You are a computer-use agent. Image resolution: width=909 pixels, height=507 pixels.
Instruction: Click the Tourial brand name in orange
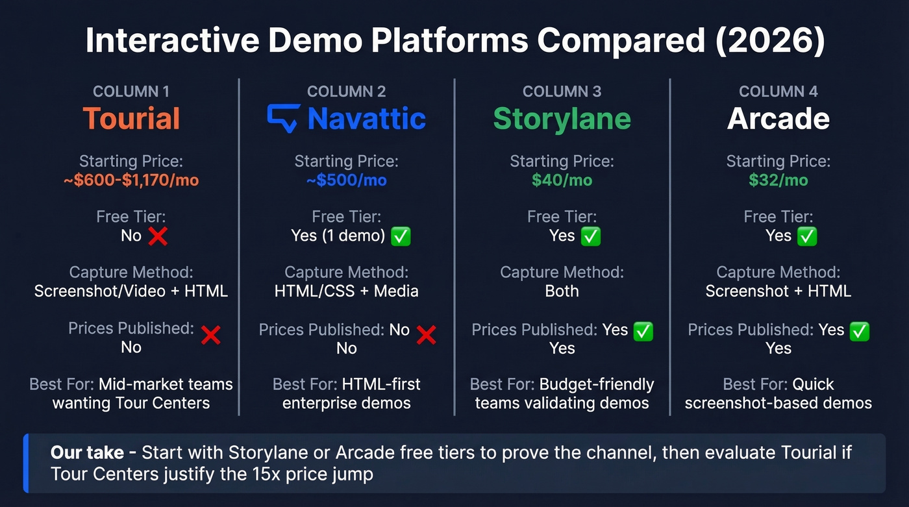pyautogui.click(x=131, y=119)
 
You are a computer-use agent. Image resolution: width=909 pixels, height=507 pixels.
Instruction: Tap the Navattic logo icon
pyautogui.click(x=284, y=118)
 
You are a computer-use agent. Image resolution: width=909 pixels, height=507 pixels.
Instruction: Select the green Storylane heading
pyautogui.click(x=562, y=119)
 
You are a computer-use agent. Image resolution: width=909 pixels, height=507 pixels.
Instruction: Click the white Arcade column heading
pyautogui.click(x=778, y=119)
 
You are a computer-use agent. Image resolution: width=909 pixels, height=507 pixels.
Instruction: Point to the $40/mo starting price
pyautogui.click(x=562, y=180)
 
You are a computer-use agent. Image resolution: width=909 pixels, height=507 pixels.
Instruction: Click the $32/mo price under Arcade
pyautogui.click(x=778, y=180)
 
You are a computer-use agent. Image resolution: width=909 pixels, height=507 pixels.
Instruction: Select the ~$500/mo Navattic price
pyautogui.click(x=347, y=180)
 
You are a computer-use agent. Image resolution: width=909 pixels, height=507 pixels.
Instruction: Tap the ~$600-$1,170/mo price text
pyautogui.click(x=131, y=180)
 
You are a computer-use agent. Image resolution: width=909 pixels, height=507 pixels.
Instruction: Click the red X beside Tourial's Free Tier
pyautogui.click(x=158, y=236)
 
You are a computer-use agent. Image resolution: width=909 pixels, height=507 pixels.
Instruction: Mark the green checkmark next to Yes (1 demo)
pyautogui.click(x=401, y=236)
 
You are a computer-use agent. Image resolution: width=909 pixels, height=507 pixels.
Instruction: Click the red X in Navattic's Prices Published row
pyautogui.click(x=426, y=334)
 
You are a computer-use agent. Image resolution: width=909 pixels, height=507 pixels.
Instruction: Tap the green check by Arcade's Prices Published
pyautogui.click(x=860, y=331)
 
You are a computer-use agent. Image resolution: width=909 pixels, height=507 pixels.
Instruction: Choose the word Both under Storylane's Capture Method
pyautogui.click(x=562, y=291)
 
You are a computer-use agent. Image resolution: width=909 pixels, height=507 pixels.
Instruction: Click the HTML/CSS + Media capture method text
pyautogui.click(x=347, y=291)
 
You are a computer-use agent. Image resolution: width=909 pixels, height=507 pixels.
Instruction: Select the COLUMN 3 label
pyautogui.click(x=562, y=92)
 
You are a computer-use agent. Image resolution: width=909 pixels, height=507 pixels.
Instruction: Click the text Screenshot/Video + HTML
pyautogui.click(x=131, y=291)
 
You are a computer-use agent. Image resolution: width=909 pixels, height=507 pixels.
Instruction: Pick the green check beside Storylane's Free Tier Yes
pyautogui.click(x=591, y=236)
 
